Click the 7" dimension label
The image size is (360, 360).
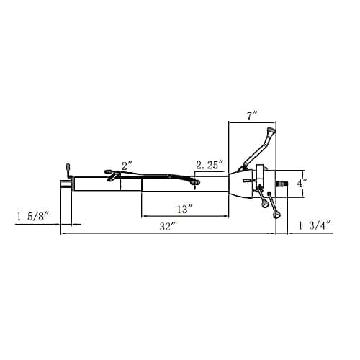[x=252, y=117]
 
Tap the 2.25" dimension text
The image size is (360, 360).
[x=210, y=166]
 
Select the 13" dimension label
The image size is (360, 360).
[x=185, y=210]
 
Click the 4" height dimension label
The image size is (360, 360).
[x=302, y=184]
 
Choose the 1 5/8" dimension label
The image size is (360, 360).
[x=33, y=217]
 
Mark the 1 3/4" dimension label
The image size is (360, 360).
[x=315, y=225]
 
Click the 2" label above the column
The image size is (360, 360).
[x=127, y=166]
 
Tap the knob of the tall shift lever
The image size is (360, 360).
[x=271, y=130]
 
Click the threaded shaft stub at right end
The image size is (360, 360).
[x=282, y=184]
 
